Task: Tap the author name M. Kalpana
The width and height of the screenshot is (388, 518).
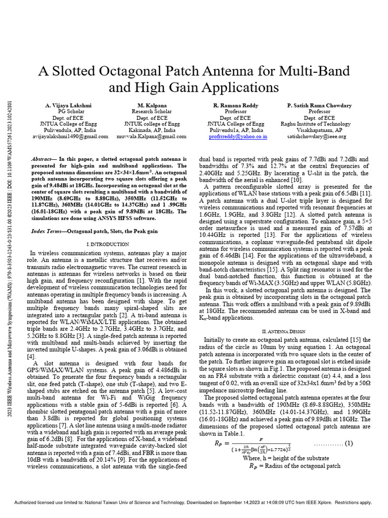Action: [x=149, y=105]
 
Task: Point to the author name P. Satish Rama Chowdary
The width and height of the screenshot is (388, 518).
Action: [x=319, y=105]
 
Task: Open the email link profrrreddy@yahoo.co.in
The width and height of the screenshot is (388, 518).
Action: [x=236, y=136]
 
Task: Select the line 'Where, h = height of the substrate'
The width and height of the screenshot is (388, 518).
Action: [x=286, y=458]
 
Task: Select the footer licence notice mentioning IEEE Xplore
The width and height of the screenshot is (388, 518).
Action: [x=193, y=502]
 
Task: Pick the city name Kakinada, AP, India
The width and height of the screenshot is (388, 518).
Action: [x=149, y=130]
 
